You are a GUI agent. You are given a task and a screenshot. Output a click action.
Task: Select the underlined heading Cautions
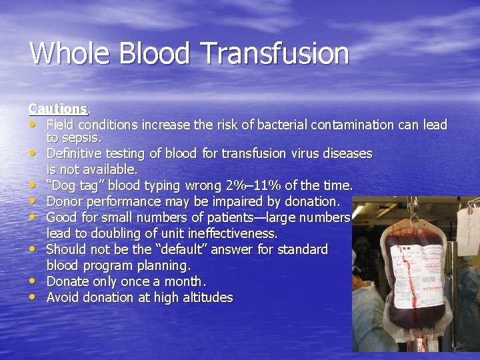click(x=58, y=108)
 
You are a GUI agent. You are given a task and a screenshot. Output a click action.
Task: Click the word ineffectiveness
click(x=231, y=233)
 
